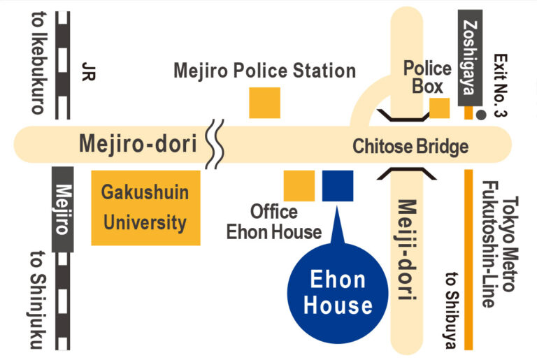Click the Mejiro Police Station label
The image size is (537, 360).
coord(264,71)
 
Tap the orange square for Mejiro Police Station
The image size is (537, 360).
coord(264,103)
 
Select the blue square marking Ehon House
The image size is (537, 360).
coord(338,185)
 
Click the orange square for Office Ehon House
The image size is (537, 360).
coord(299,185)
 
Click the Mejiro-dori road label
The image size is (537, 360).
coord(137,145)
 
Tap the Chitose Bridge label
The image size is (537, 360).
coord(410,147)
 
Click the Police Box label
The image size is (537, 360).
coord(427,78)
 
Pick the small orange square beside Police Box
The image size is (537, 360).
coord(439,108)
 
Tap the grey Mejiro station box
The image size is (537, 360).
coord(64,210)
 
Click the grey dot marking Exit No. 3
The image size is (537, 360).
coord(481,115)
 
